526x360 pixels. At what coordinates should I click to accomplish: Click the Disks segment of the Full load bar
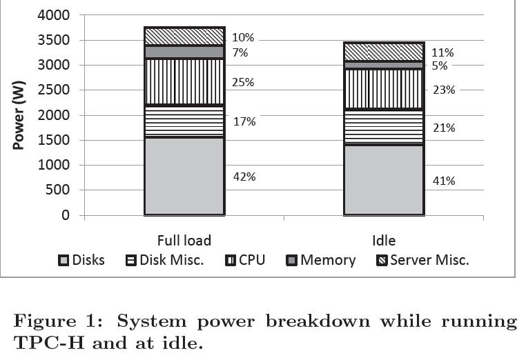184,176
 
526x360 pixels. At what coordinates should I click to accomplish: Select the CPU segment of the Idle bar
384,89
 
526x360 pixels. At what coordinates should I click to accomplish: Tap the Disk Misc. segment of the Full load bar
184,121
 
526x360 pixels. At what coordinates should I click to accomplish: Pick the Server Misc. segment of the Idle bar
384,52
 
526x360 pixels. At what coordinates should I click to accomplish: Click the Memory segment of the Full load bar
184,52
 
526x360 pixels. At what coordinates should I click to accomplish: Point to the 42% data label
244,177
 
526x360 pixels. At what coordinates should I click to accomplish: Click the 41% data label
443,181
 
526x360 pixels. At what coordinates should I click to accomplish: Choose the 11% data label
443,52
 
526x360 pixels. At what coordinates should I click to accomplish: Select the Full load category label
184,240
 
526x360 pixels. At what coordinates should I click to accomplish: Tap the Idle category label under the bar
384,240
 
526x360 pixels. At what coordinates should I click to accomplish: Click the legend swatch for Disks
64,261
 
